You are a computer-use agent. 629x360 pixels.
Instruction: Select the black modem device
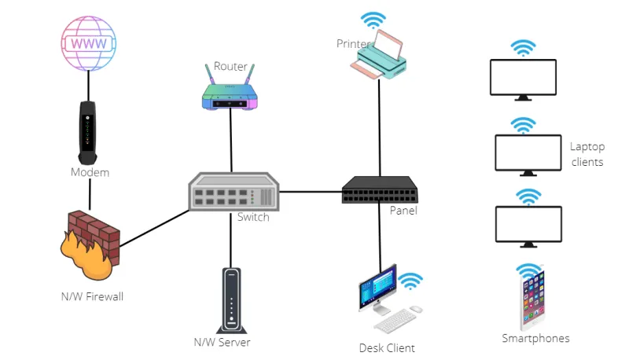tap(89, 130)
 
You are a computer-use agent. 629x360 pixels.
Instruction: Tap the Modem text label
tap(90, 172)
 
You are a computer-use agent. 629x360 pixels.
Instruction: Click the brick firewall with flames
tap(89, 244)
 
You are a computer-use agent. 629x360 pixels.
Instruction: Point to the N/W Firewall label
tap(92, 296)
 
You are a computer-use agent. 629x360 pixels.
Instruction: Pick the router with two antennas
tap(230, 91)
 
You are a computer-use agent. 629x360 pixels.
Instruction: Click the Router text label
tap(230, 66)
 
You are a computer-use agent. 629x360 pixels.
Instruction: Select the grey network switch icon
tap(234, 191)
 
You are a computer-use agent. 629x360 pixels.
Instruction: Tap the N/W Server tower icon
tap(230, 299)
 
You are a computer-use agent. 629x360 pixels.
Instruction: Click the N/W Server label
tap(223, 342)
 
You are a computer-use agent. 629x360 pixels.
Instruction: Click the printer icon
tap(380, 55)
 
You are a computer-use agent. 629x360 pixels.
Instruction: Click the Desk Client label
tap(387, 347)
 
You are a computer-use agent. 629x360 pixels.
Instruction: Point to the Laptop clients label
tap(587, 154)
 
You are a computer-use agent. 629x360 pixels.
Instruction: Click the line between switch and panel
tap(311, 191)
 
